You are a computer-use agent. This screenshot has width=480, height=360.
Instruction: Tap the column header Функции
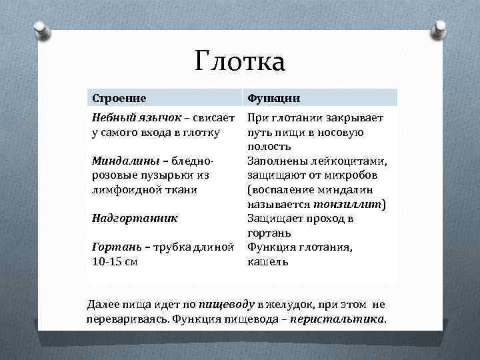[273, 98]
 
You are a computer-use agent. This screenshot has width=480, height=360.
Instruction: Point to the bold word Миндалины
[119, 161]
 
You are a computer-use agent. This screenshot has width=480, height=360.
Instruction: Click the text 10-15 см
[115, 261]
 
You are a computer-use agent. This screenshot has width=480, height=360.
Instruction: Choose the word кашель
[267, 261]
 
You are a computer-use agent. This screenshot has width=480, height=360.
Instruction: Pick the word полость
[269, 147]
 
